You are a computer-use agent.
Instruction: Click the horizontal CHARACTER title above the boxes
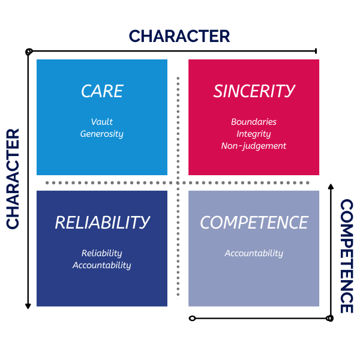(x=179, y=36)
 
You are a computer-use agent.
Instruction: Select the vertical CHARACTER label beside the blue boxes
(x=13, y=178)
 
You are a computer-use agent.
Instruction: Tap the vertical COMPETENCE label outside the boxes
(x=346, y=256)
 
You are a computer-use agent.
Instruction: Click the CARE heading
(x=102, y=91)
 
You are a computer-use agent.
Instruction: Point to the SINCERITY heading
(x=254, y=91)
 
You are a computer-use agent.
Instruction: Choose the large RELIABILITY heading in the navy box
(x=102, y=223)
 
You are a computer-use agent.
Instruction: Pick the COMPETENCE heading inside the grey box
(x=254, y=223)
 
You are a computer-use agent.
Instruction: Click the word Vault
(x=102, y=122)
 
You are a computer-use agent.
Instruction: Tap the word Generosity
(x=102, y=134)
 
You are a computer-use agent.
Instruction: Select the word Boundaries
(x=254, y=122)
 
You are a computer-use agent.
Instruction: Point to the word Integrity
(x=254, y=134)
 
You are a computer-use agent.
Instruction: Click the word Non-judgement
(x=254, y=146)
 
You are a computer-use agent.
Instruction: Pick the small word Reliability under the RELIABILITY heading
(x=102, y=253)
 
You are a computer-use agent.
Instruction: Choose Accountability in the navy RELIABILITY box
(x=102, y=265)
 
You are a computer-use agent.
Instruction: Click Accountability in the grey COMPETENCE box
(x=254, y=253)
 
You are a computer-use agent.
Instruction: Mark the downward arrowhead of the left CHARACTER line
(x=28, y=306)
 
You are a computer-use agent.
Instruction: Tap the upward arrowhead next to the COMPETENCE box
(x=331, y=187)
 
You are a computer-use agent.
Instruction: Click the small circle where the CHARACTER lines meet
(x=28, y=52)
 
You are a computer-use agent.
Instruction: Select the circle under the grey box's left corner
(x=192, y=318)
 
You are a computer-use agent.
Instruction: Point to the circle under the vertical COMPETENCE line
(x=329, y=318)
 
